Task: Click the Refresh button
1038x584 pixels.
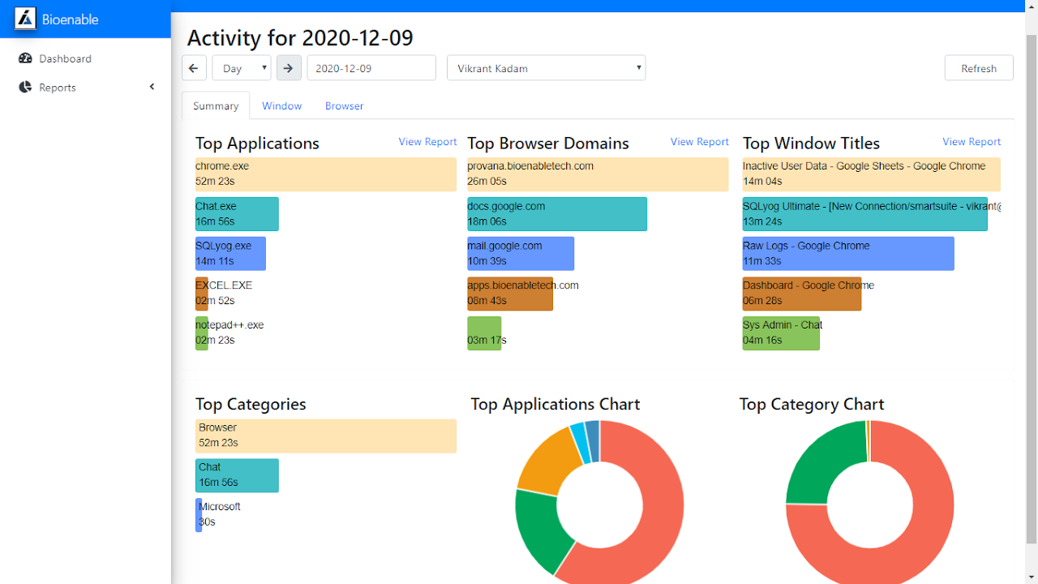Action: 979,68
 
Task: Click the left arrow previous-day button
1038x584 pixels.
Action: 194,68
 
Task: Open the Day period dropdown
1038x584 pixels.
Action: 242,68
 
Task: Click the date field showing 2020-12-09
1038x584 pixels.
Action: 371,68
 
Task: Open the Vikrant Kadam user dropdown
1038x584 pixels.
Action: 546,68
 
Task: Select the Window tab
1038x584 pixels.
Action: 281,105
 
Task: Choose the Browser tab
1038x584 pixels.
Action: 345,105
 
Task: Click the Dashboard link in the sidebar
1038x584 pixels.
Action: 65,58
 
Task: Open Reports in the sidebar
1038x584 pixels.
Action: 57,88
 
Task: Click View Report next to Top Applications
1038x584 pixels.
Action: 427,142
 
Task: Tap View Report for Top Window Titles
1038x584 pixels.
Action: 972,142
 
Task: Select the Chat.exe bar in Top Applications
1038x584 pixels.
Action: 237,214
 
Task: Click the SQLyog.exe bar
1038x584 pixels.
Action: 230,254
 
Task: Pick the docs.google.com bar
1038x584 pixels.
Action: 556,214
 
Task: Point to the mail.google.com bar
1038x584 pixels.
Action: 521,254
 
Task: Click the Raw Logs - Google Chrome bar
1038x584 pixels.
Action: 848,254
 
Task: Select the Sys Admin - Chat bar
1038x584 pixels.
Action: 781,333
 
